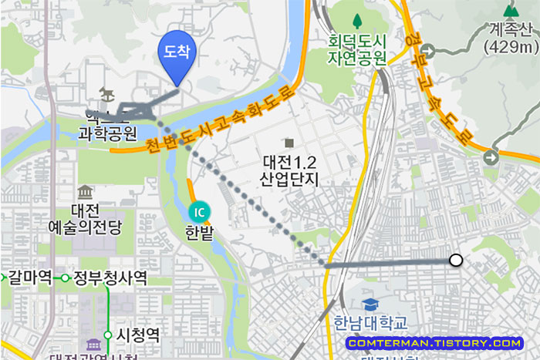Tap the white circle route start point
tap(456, 261)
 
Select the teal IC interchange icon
tap(199, 211)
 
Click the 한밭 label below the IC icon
tap(199, 231)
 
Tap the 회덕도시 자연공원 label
tap(356, 49)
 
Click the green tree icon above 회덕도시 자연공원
tap(356, 19)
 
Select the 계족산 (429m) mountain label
tap(510, 39)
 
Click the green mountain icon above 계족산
tap(510, 11)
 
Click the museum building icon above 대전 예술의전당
tap(85, 191)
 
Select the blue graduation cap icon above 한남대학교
tap(371, 304)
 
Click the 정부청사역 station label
tap(110, 278)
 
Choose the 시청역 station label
tap(138, 335)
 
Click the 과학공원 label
tap(108, 133)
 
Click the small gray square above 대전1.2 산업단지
tap(289, 143)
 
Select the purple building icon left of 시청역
tap(94, 345)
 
